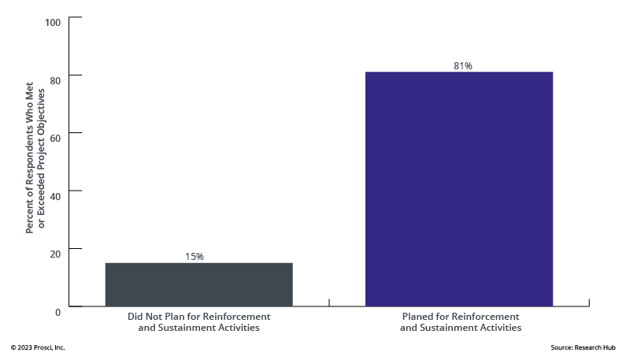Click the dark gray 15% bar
click(198, 284)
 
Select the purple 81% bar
click(459, 189)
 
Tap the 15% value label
click(195, 257)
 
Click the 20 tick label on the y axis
click(55, 253)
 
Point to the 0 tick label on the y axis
click(57, 311)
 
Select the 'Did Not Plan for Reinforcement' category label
click(198, 317)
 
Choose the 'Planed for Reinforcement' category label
click(460, 317)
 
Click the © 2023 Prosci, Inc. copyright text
click(38, 347)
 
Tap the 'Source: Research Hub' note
click(584, 347)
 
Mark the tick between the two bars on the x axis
click(328, 302)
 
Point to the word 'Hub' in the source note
click(613, 347)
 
